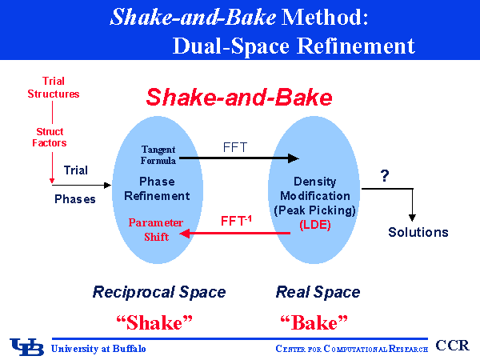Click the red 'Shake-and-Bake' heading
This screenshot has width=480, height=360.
coord(239,98)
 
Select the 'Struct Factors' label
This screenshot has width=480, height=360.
coord(50,137)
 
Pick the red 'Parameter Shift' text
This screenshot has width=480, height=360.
coord(157,229)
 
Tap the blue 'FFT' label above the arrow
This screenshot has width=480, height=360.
coord(235,146)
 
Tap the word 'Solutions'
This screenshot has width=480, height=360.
coord(418,232)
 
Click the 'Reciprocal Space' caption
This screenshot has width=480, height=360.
coord(159,292)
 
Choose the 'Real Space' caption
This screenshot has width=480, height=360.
coord(318,292)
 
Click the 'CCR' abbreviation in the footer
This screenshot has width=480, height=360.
coord(454,346)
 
